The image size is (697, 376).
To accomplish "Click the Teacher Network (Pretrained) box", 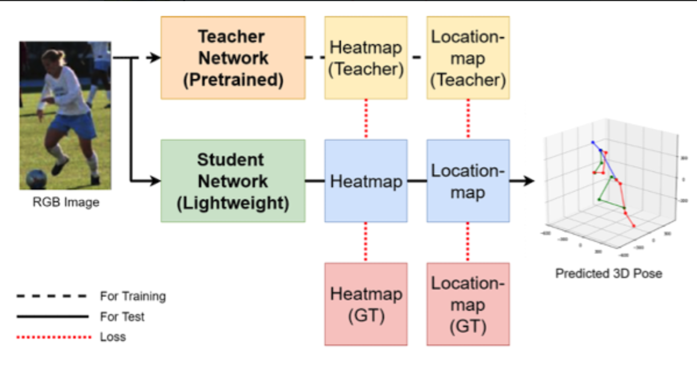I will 233,58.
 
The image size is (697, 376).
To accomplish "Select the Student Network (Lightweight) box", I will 233,181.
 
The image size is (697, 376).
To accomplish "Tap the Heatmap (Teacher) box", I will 366,58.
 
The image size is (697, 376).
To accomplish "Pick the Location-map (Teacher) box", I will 468,58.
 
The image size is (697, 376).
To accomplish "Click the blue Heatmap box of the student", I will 366,181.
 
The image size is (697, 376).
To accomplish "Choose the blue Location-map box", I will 468,181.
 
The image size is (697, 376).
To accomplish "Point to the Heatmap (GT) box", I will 366,304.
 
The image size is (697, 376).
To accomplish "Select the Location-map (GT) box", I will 468,304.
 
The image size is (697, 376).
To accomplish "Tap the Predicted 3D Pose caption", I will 609,273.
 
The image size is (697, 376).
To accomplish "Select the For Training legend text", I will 133,296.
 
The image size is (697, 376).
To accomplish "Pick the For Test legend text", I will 122,317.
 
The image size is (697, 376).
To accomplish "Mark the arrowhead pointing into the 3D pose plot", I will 528,181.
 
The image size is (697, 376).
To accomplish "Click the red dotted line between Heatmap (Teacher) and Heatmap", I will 366,119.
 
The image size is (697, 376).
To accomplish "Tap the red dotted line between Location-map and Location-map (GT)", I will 468,242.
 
